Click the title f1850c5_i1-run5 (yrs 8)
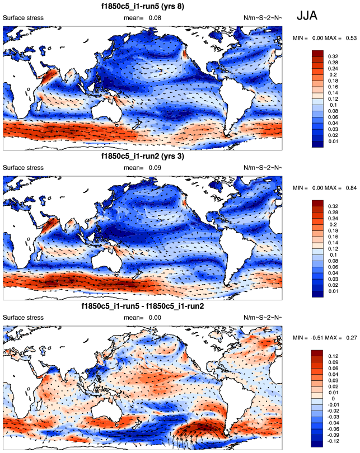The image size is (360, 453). pos(143,6)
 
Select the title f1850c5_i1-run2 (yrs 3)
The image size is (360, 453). pos(143,157)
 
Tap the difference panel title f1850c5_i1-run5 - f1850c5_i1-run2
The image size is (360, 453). pos(143,306)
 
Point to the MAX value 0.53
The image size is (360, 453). pos(351,37)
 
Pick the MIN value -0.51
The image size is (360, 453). pos(317,337)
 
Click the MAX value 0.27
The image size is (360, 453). pos(351,337)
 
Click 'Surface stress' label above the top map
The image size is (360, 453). pos(24,18)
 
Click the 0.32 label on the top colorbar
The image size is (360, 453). pos(333,57)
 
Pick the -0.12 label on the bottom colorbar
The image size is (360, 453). pos(334,443)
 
